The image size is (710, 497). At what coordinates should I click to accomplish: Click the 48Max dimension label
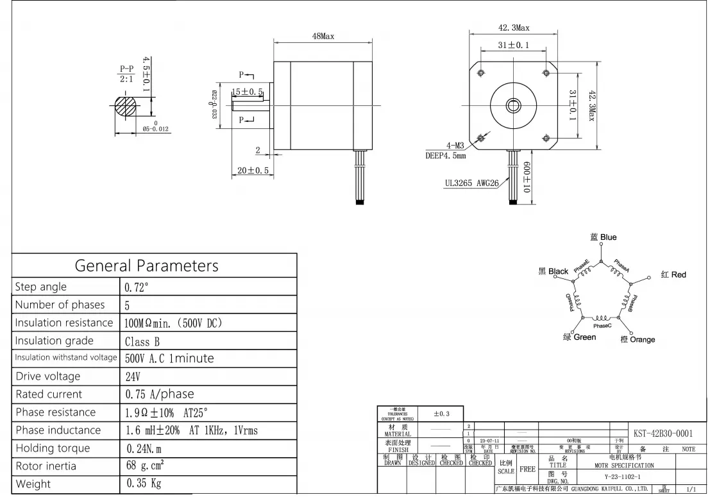click(323, 37)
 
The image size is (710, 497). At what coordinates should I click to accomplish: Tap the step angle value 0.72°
click(137, 287)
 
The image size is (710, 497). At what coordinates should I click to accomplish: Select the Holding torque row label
click(53, 448)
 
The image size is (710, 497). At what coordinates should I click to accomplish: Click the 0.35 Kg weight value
click(144, 484)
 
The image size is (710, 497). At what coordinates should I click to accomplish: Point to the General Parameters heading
click(146, 265)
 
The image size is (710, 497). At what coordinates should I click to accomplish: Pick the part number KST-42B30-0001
click(663, 434)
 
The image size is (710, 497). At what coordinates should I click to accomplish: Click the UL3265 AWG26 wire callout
click(471, 183)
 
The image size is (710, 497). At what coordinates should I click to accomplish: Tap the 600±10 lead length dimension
click(526, 177)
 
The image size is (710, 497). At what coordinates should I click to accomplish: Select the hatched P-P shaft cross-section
click(125, 105)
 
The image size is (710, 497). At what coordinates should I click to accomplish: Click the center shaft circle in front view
click(513, 104)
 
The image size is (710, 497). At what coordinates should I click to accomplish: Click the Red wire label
click(673, 274)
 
